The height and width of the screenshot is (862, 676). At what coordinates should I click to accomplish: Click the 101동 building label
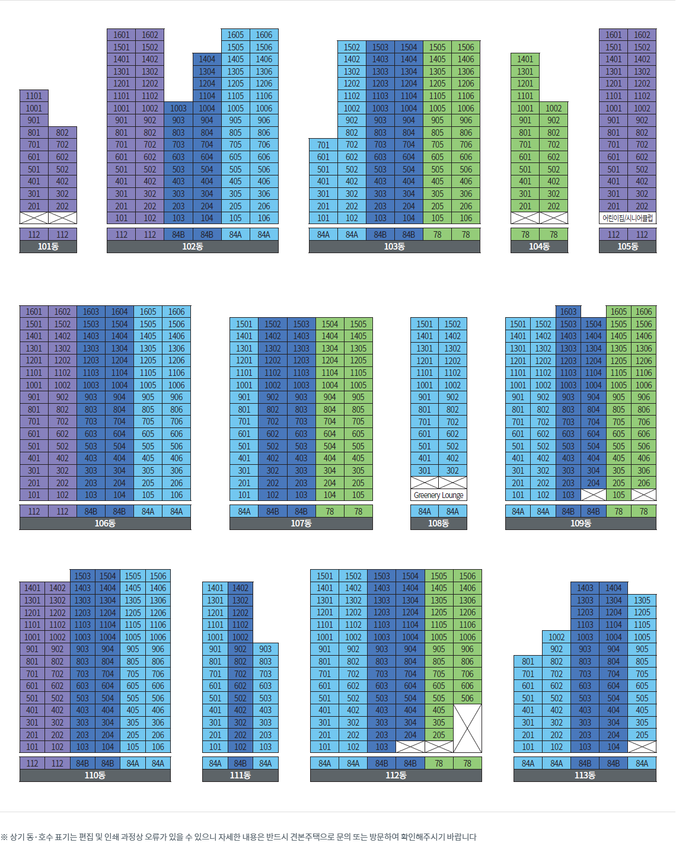tap(48, 247)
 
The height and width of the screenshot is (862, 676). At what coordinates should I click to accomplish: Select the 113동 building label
tap(585, 775)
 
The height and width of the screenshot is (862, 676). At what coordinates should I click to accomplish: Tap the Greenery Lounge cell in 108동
tap(439, 495)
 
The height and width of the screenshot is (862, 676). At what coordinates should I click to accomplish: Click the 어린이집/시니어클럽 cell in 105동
tap(627, 218)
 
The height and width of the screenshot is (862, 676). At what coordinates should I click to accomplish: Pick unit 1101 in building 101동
tap(34, 96)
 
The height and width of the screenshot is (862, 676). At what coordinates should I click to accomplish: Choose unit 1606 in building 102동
tap(264, 35)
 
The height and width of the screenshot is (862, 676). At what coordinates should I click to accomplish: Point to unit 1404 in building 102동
tap(207, 59)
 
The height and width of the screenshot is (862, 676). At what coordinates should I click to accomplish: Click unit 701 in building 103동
tap(323, 145)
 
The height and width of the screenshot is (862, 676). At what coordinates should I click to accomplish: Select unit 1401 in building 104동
tap(525, 59)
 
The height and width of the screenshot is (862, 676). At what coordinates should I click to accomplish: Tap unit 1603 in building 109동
tap(568, 312)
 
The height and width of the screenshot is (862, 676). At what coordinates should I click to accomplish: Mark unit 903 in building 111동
tap(265, 649)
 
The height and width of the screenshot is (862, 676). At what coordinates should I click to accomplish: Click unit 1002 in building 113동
tap(556, 637)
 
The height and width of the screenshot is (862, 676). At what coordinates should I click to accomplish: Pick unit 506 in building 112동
tap(467, 698)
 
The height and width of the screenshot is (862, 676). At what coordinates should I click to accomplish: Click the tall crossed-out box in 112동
tap(467, 729)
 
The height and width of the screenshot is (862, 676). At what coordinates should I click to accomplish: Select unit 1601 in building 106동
tap(34, 312)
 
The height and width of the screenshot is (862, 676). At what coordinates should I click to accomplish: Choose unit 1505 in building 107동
tap(358, 324)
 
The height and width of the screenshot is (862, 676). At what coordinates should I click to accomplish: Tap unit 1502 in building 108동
tap(452, 324)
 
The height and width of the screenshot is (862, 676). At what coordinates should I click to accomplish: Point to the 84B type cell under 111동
tap(240, 764)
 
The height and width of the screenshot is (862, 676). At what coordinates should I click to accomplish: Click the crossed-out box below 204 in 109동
tap(593, 495)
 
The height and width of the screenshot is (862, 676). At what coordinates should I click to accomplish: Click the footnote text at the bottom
tap(238, 837)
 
